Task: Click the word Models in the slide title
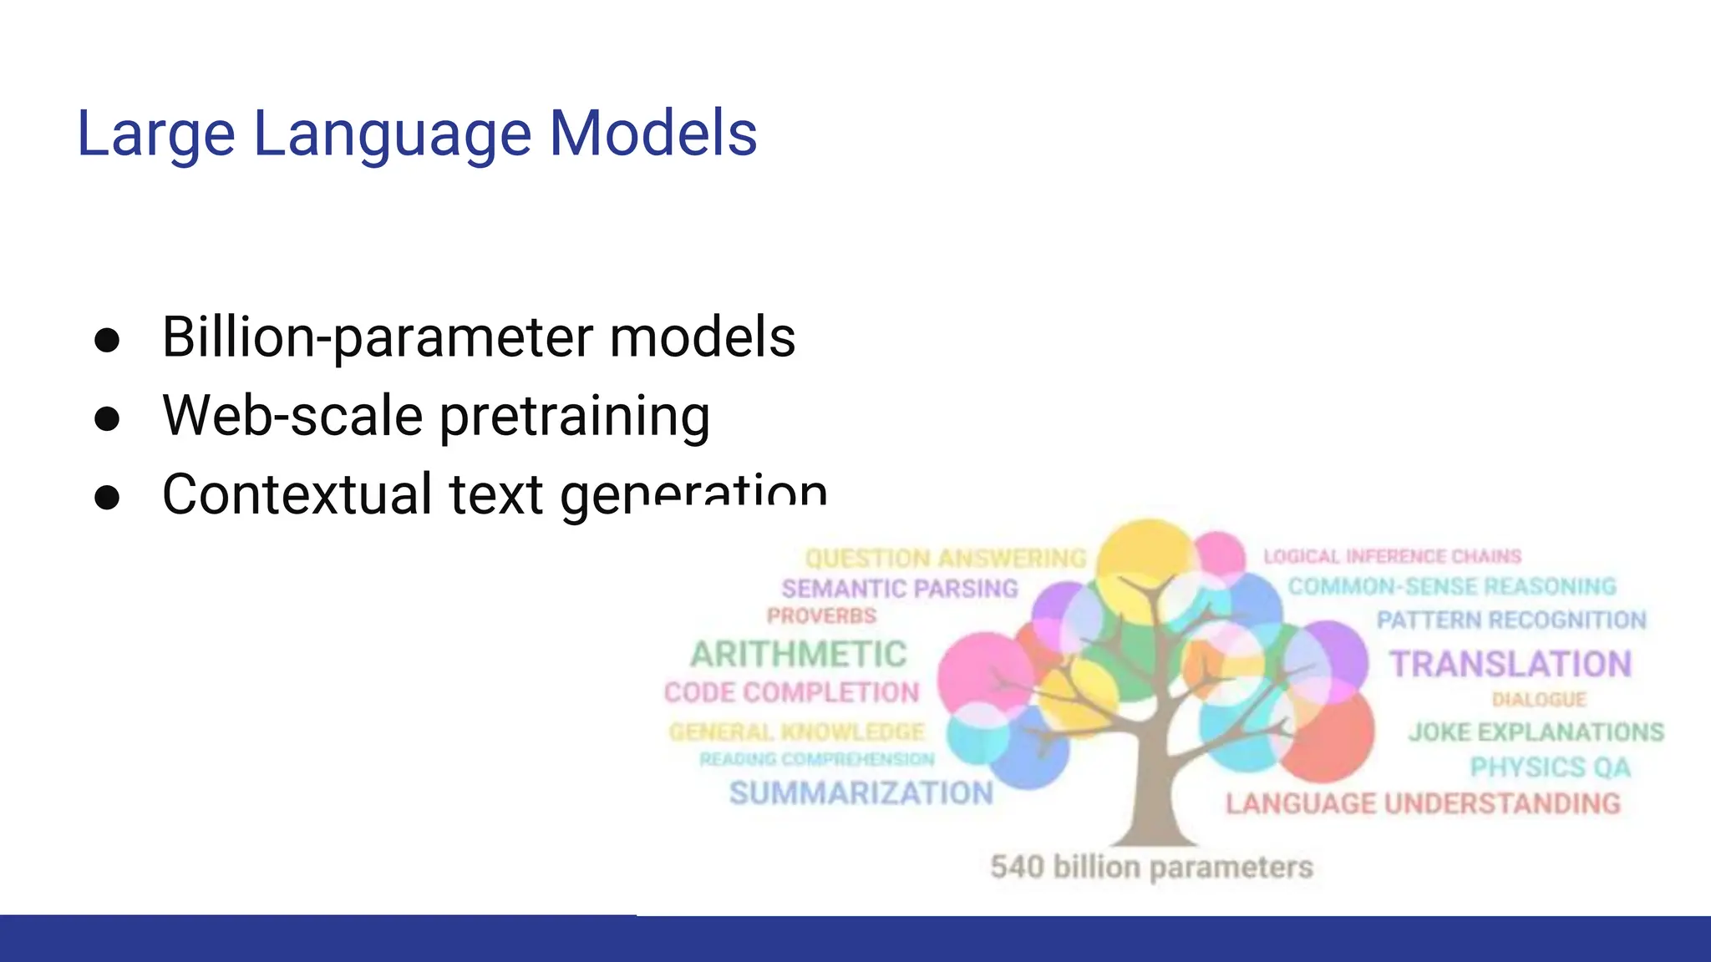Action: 652,134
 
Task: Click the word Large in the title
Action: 155,134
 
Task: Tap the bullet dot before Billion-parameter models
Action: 107,340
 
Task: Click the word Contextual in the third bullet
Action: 297,494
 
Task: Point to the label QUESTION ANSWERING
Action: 946,558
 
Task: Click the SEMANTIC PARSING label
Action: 900,589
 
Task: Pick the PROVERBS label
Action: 821,616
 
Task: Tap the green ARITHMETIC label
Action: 798,654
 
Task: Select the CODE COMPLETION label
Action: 791,692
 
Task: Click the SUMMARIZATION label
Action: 861,792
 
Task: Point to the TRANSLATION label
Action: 1510,665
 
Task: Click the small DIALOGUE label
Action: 1539,700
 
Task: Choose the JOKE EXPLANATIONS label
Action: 1536,732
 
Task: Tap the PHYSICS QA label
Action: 1550,767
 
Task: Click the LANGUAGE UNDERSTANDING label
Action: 1423,803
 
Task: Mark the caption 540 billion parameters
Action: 1151,867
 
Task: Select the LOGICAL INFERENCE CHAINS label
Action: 1392,556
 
